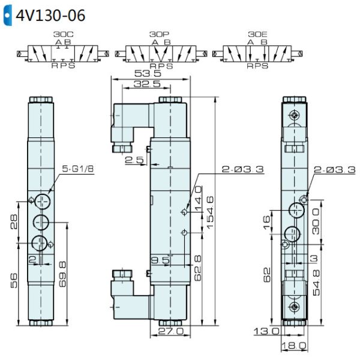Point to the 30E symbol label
point(256,35)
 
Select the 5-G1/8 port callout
point(79,170)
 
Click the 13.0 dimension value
point(266,331)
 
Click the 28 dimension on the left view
point(15,223)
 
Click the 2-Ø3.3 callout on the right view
point(331,170)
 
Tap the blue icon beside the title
point(8,15)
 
